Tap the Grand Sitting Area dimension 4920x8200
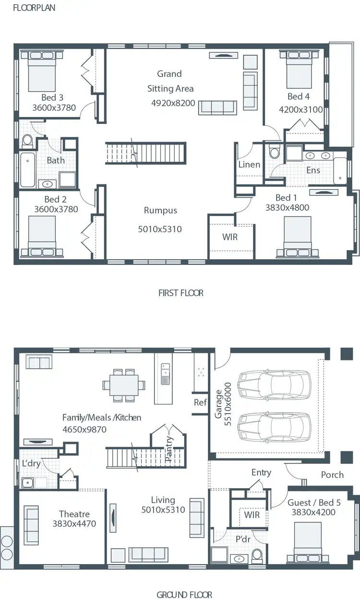tap(173, 103)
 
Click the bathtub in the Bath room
tap(27, 169)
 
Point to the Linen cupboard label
tap(249, 165)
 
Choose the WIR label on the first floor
tap(230, 237)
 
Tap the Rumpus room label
tap(160, 211)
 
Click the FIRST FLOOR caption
tap(180, 293)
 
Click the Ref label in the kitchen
tap(200, 402)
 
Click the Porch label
tap(332, 474)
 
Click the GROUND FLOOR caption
tap(184, 595)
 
